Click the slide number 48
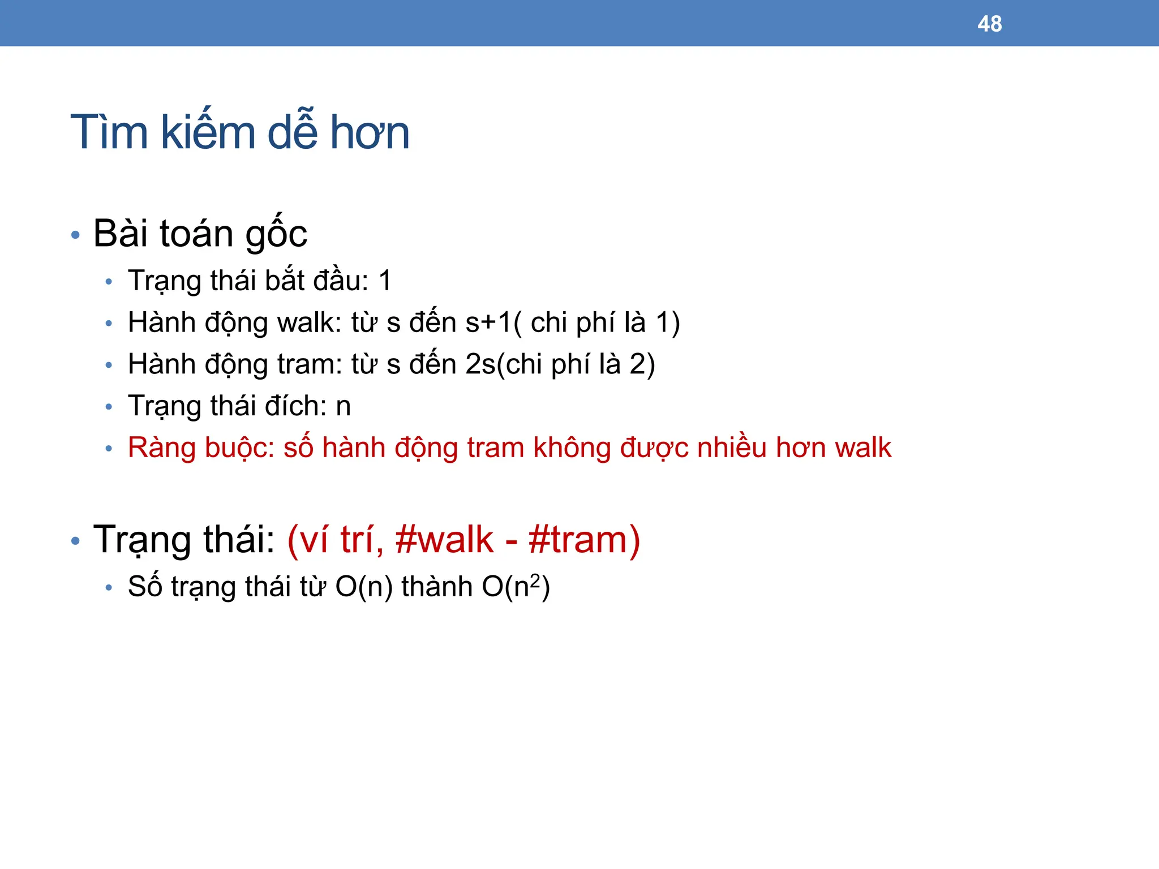[989, 24]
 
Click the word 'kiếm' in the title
[208, 132]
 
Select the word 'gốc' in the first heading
[276, 233]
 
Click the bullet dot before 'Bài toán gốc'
[76, 234]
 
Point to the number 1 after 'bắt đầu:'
[385, 281]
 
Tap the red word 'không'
[572, 448]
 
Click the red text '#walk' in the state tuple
[444, 540]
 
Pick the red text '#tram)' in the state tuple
[584, 540]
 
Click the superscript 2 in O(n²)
[535, 580]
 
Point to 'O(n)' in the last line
[364, 587]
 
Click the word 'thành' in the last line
[437, 587]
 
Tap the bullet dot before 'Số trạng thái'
[109, 588]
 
